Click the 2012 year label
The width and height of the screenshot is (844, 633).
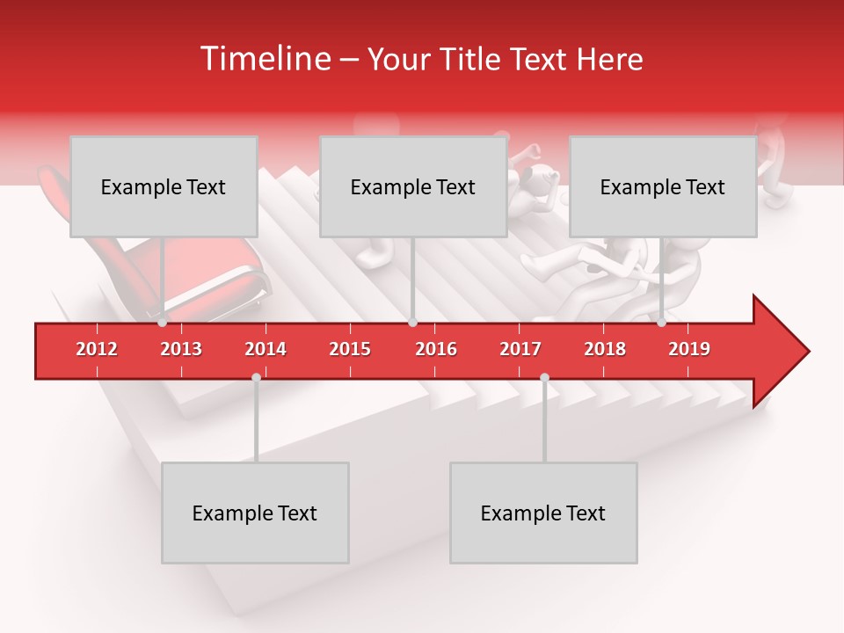tap(97, 349)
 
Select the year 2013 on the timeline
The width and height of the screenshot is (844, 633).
tap(181, 349)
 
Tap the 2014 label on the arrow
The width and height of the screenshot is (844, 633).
tap(266, 349)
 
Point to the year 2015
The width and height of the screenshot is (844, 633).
tap(350, 349)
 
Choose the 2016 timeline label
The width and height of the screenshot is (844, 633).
tap(436, 349)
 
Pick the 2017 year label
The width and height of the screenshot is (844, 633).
tap(520, 349)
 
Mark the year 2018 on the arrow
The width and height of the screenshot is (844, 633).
tap(605, 349)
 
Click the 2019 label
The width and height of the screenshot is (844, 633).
tap(689, 349)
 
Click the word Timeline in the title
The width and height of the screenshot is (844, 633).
tap(264, 59)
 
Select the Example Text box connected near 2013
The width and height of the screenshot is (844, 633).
tap(164, 186)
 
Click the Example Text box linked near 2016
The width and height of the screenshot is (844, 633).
tap(413, 186)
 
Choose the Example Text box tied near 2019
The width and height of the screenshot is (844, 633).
tap(663, 186)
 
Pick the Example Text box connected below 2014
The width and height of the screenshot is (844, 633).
tap(255, 513)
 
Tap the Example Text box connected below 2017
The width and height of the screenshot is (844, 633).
tap(543, 513)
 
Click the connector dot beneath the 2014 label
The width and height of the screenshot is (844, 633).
tap(256, 378)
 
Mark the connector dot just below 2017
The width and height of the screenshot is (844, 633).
tap(544, 378)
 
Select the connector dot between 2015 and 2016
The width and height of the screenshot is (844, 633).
tap(412, 323)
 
